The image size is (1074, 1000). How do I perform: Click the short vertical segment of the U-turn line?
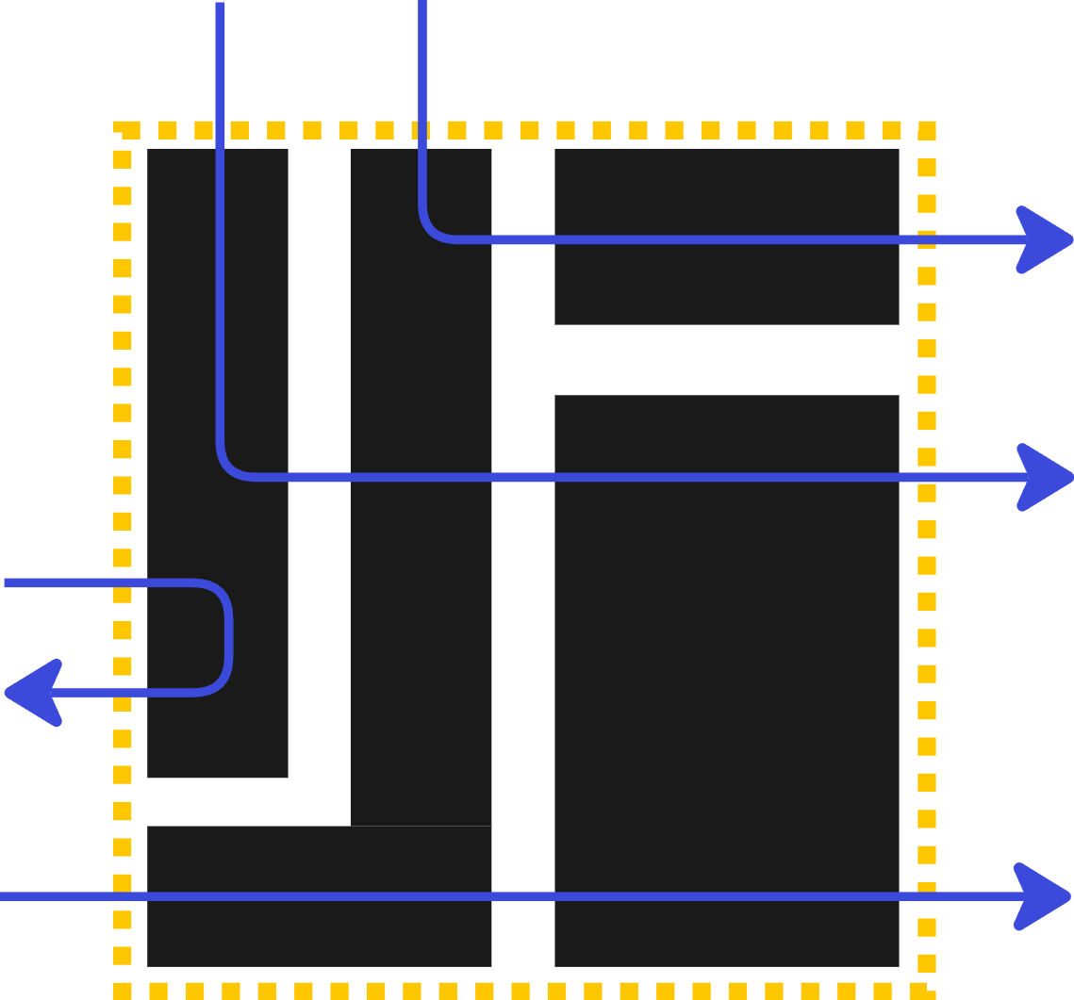click(x=228, y=638)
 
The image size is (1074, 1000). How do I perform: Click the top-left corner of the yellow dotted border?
click(x=122, y=129)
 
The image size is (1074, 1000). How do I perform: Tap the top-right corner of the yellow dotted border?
click(x=928, y=129)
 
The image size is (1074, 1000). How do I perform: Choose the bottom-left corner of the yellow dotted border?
click(x=122, y=990)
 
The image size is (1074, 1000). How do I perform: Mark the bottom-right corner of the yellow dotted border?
click(x=928, y=990)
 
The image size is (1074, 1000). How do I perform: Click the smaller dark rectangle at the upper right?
click(x=727, y=283)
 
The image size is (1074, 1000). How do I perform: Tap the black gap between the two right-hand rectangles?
click(x=727, y=360)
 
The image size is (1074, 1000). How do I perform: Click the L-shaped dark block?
click(x=421, y=660)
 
